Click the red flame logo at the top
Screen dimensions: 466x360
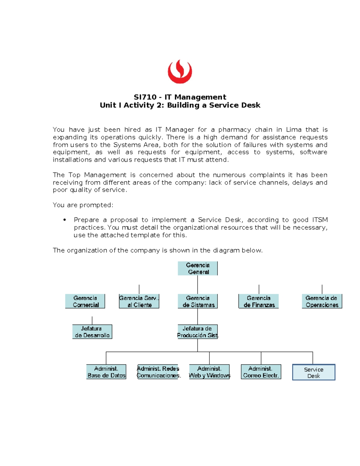tap(180, 72)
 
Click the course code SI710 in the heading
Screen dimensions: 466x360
tap(145, 97)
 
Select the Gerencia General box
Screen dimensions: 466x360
tap(198, 269)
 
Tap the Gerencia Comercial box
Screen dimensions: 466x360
tap(85, 301)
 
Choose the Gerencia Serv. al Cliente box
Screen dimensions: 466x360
tap(139, 301)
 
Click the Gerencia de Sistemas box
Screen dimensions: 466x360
tap(198, 301)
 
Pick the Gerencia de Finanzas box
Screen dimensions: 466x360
tap(259, 301)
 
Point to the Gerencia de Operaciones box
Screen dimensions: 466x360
tap(322, 301)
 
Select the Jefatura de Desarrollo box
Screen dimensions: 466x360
tap(92, 332)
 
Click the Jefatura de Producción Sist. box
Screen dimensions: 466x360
tap(197, 332)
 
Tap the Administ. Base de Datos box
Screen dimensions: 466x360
tap(106, 372)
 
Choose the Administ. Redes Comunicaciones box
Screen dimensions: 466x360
tap(158, 372)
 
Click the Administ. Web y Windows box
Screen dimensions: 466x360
tap(209, 372)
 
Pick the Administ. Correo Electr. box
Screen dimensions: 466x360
tap(261, 372)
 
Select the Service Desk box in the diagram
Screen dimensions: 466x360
tap(314, 372)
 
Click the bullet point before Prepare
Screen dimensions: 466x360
tap(64, 220)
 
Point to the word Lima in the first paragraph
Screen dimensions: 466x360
tap(294, 130)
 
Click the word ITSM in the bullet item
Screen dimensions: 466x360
tap(320, 220)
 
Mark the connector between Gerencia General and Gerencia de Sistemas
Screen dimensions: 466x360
tap(197, 284)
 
